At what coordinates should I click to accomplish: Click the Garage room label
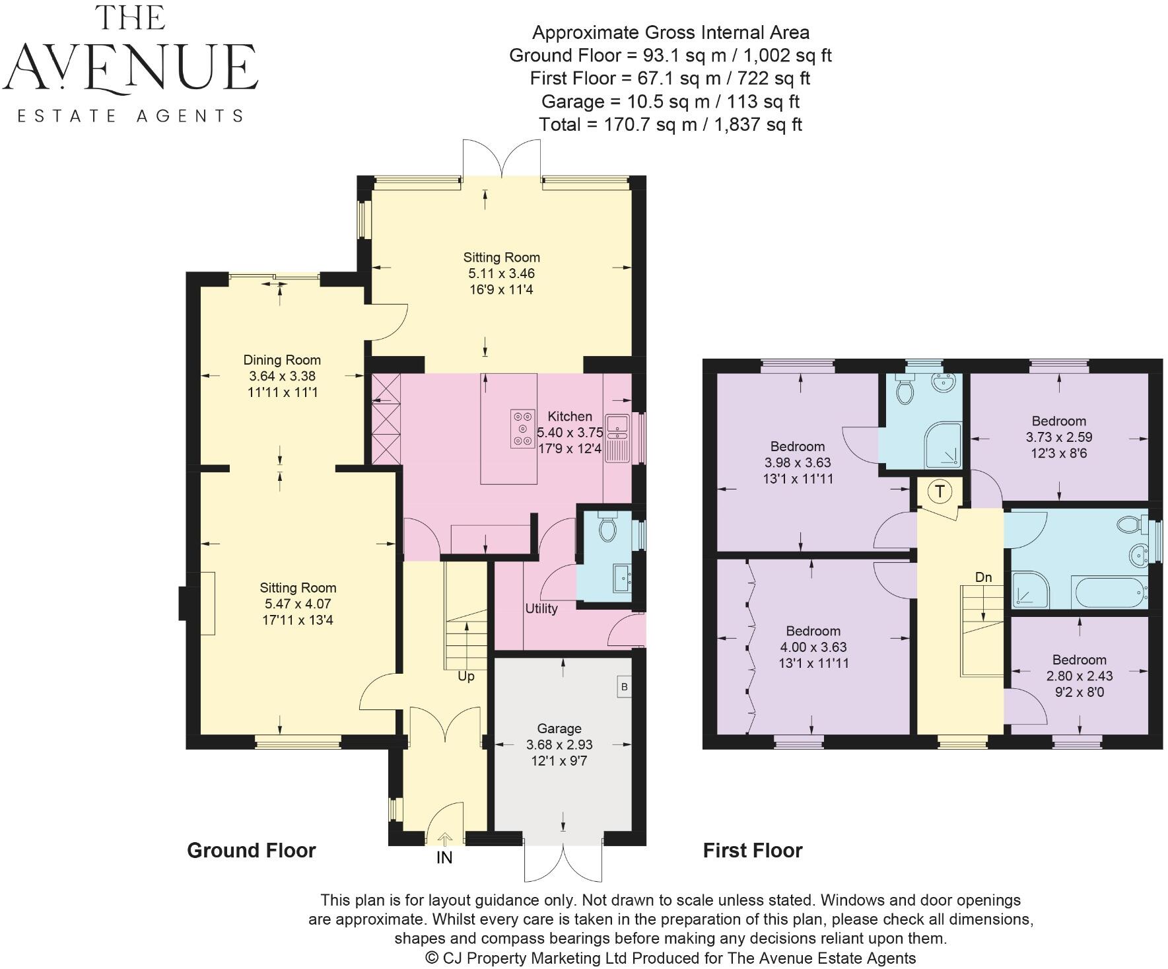[x=559, y=729]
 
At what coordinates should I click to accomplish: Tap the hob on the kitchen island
[x=522, y=429]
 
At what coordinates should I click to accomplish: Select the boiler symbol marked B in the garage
[x=624, y=687]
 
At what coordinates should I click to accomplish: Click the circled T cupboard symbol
[x=940, y=491]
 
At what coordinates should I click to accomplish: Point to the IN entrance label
[x=444, y=859]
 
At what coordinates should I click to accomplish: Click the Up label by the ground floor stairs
[x=466, y=676]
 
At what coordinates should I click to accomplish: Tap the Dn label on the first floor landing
[x=983, y=577]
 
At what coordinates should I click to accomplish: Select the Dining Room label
[x=282, y=360]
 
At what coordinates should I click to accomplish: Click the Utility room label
[x=541, y=608]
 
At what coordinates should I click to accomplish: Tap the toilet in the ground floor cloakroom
[x=607, y=528]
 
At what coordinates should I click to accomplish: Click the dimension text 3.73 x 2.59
[x=1058, y=437]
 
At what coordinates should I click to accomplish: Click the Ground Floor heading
[x=252, y=850]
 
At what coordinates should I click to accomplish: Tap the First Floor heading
[x=752, y=850]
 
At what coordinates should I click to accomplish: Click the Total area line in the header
[x=670, y=124]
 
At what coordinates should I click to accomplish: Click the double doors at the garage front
[x=563, y=861]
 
